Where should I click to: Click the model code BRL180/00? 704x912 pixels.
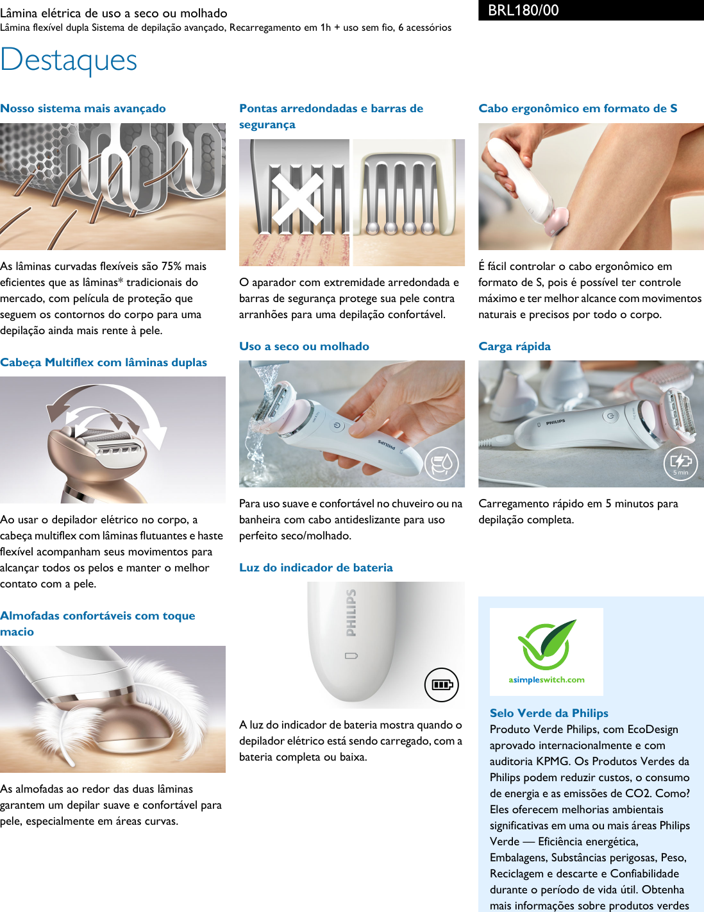click(523, 10)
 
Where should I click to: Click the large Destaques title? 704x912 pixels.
click(69, 60)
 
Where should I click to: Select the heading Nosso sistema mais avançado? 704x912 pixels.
click(83, 108)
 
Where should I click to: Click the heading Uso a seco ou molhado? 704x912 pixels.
click(304, 346)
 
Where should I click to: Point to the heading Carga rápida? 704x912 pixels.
click(514, 346)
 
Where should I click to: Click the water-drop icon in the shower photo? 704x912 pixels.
click(442, 464)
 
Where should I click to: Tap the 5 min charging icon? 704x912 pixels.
click(680, 463)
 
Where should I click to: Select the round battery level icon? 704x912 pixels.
click(442, 684)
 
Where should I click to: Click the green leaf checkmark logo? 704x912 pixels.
click(547, 644)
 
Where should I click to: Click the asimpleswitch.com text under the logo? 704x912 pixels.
click(546, 680)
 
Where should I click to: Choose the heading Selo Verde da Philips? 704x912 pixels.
click(549, 713)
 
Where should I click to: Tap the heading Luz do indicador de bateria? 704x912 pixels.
click(315, 568)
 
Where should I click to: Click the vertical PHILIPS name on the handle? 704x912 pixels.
click(351, 613)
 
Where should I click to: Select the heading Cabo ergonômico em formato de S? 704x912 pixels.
click(578, 108)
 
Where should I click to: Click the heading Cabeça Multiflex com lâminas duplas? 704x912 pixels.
click(103, 362)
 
